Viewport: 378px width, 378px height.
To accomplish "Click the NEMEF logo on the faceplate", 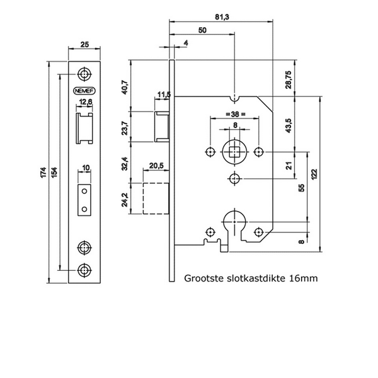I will tap(84, 88).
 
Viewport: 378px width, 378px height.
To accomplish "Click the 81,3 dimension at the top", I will tap(222, 17).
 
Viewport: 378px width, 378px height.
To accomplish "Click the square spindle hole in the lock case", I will tap(234, 152).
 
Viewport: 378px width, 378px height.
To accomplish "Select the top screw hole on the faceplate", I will tap(84, 72).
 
